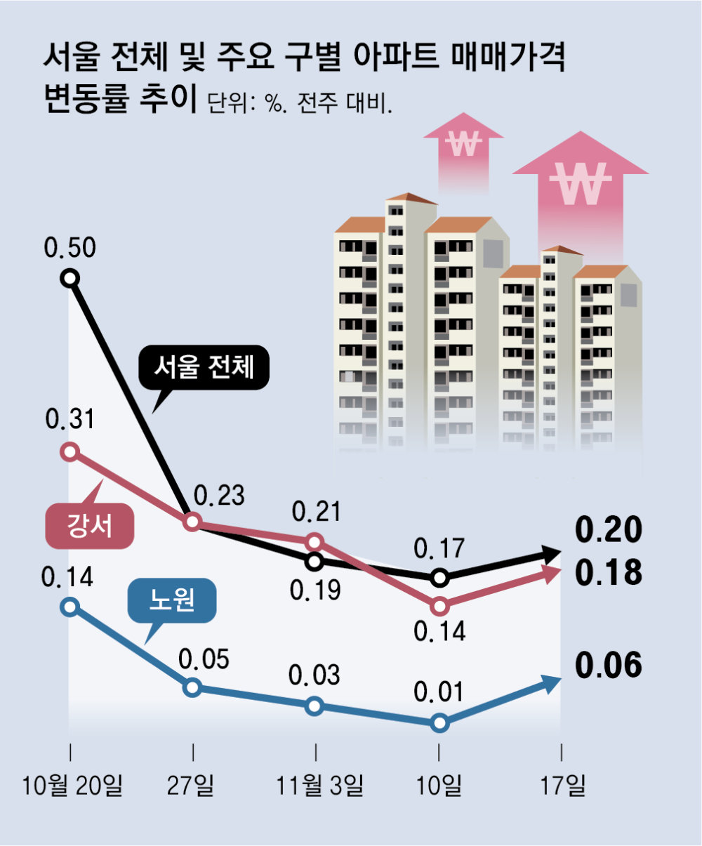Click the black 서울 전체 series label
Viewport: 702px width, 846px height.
(x=203, y=367)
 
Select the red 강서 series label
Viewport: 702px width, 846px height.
(x=89, y=526)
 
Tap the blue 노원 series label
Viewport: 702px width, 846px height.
(x=172, y=600)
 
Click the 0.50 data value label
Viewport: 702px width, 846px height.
(x=69, y=248)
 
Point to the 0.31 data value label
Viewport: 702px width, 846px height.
(x=69, y=420)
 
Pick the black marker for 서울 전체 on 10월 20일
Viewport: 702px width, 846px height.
(x=69, y=278)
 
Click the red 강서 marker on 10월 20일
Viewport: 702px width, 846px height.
(x=69, y=451)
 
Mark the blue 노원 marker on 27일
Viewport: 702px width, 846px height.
(x=192, y=688)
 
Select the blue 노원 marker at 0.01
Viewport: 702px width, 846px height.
(x=439, y=722)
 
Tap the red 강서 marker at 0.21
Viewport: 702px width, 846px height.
(x=315, y=541)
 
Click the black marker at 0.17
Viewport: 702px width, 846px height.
(x=439, y=579)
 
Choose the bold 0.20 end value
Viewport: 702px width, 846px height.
(x=608, y=530)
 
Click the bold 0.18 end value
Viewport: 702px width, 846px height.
(x=608, y=573)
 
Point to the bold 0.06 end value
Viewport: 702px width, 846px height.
(x=608, y=666)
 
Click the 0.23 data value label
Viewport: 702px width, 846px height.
(x=219, y=496)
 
